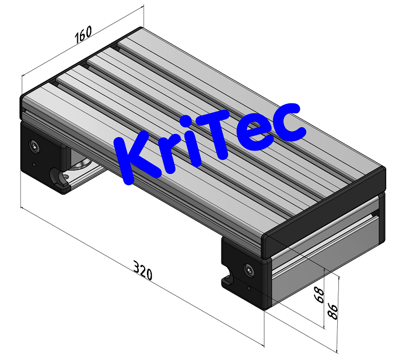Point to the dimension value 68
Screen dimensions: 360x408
(319, 295)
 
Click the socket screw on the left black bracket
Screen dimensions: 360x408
(35, 146)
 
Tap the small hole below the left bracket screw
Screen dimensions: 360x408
(34, 164)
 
